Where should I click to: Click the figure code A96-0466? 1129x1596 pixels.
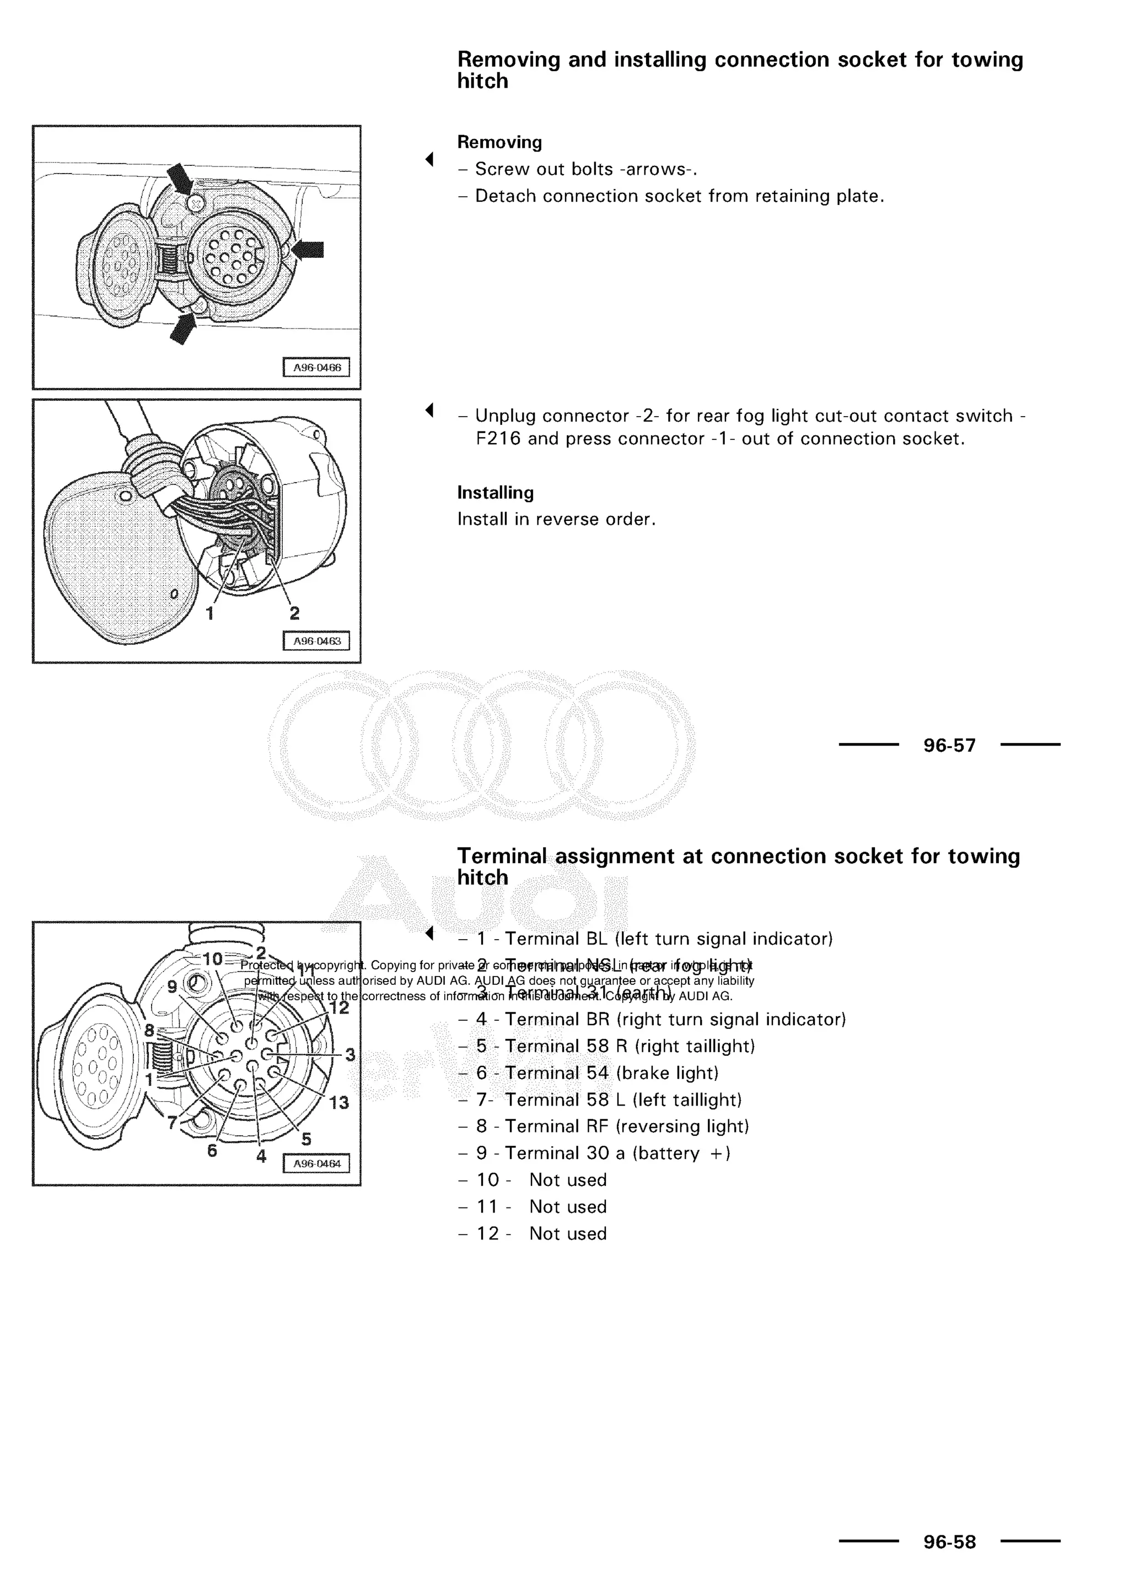[316, 368]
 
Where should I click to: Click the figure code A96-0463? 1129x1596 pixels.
[316, 641]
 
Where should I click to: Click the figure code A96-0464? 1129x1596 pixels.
[316, 1163]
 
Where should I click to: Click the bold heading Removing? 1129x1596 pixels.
[499, 143]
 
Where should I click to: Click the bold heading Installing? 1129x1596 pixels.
[495, 493]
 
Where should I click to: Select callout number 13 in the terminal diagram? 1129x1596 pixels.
[338, 1102]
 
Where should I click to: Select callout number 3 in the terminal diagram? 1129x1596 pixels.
[350, 1055]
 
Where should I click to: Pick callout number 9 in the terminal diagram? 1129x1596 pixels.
[171, 986]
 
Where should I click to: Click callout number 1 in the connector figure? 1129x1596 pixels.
[209, 613]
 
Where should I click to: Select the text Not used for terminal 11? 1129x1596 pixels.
[567, 1207]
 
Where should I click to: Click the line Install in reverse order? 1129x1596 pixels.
[556, 519]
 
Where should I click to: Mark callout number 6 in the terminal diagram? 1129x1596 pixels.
[212, 1150]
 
